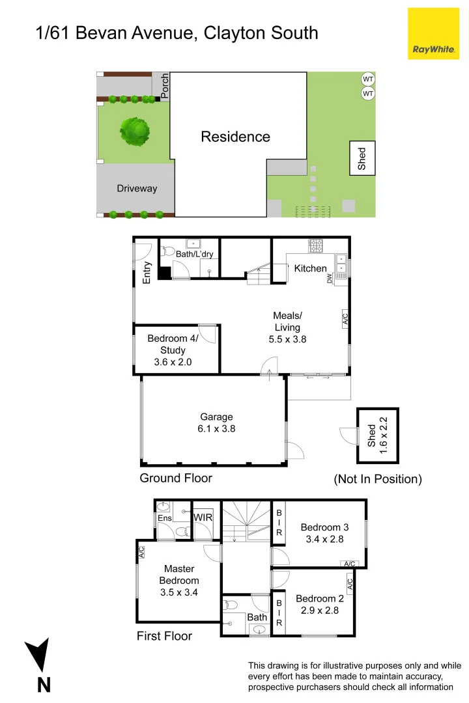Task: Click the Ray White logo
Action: point(433,33)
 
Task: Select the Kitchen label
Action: point(310,268)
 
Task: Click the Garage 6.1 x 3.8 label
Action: point(217,423)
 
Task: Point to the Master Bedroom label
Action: point(179,581)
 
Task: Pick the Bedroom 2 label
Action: point(319,605)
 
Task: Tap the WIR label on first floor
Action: point(203,517)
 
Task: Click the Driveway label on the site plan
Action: point(137,189)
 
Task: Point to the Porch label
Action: point(164,85)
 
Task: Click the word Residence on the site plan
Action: point(235,137)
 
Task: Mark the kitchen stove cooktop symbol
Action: point(316,246)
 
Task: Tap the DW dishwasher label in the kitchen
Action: point(330,279)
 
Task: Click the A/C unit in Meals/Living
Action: point(345,319)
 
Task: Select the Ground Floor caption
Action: point(176,478)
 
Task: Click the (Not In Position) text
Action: point(378,479)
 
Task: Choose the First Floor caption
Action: point(164,636)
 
